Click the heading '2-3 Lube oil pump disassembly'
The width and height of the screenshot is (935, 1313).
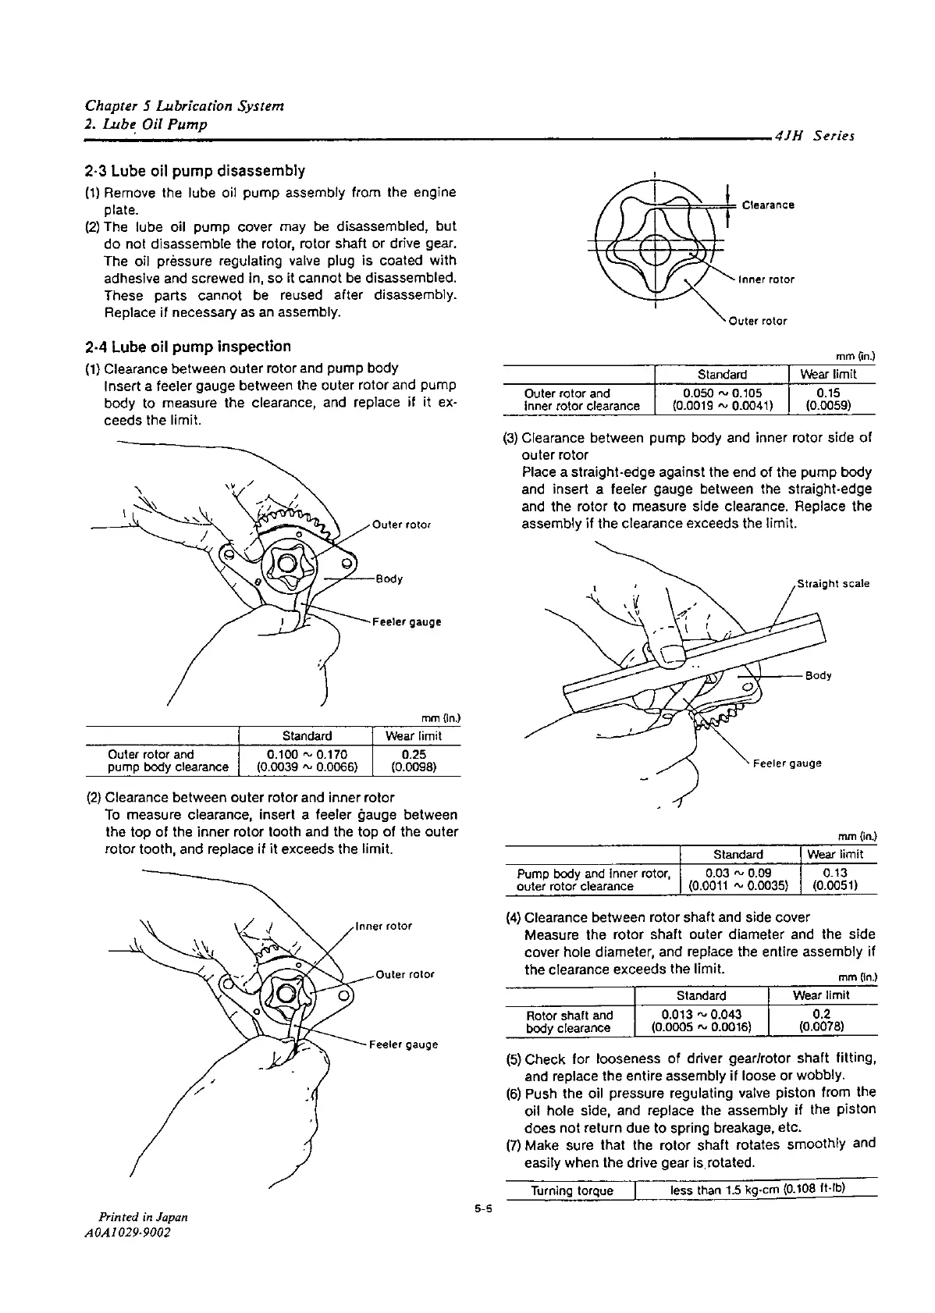tap(194, 170)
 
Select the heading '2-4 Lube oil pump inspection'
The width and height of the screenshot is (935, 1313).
tap(187, 347)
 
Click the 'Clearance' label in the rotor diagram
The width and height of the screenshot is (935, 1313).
tap(768, 205)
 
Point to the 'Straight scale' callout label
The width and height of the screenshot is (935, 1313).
tap(833, 584)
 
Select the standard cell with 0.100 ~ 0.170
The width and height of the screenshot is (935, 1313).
tap(307, 761)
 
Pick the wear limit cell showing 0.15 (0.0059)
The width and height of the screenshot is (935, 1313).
tap(833, 400)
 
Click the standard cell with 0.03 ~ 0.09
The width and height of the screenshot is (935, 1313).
tap(738, 880)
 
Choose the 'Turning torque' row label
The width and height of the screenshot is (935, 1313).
tap(572, 1190)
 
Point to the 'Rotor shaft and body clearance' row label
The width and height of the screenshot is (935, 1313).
tap(570, 1022)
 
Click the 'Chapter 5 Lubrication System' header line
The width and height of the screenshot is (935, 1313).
tap(184, 106)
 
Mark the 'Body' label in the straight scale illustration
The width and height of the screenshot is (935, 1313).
tap(817, 676)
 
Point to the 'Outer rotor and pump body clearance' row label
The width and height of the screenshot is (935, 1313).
tap(167, 761)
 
